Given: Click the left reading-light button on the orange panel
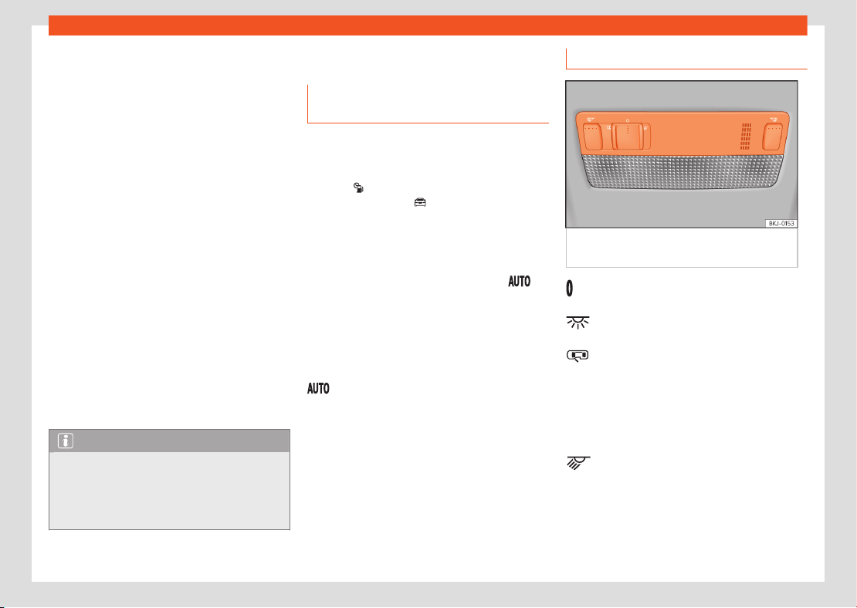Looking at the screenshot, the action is tap(592, 136).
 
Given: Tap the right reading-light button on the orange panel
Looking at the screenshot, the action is tap(773, 136).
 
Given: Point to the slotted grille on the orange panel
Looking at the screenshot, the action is tap(746, 136).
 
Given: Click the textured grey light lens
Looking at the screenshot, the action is tap(681, 171).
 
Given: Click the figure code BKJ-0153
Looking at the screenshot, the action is tap(781, 224).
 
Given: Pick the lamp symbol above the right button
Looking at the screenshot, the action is tap(774, 119).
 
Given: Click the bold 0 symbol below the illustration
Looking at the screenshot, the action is tap(570, 289).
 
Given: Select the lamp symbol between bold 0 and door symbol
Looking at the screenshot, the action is tap(578, 323).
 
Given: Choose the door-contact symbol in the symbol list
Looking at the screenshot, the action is tap(578, 356).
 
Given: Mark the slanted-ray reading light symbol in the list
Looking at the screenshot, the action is tap(578, 463).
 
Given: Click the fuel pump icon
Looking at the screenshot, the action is tap(358, 188).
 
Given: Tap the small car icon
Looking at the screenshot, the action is tap(420, 203).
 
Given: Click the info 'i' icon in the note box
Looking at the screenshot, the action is tap(65, 441).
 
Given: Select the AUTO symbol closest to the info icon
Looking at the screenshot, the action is tap(318, 388).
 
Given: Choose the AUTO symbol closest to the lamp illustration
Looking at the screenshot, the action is tap(520, 282).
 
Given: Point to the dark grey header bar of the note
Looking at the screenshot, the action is tap(169, 441).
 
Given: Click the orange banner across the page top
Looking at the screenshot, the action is tap(428, 25).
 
